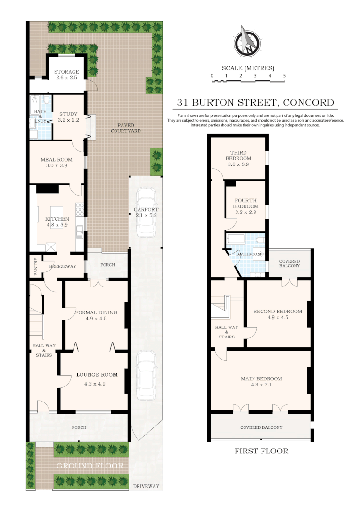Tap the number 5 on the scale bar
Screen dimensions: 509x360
pos(284,76)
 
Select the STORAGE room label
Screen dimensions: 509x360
pos(66,72)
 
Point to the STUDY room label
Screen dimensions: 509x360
pos(68,114)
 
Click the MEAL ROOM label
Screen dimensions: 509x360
pos(57,160)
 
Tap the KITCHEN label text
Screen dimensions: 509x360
pos(57,219)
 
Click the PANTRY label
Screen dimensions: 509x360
pos(35,265)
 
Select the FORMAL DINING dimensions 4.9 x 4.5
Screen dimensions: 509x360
pos(96,319)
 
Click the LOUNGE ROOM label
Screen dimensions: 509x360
pos(97,375)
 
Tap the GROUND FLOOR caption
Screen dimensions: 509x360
pos(90,466)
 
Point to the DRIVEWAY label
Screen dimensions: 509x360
pos(146,486)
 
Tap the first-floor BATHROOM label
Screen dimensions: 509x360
pos(248,254)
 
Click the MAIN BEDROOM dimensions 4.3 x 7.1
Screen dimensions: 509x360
pos(262,385)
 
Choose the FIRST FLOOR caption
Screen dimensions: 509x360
pos(262,451)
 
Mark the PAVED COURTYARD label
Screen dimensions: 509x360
pos(126,128)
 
